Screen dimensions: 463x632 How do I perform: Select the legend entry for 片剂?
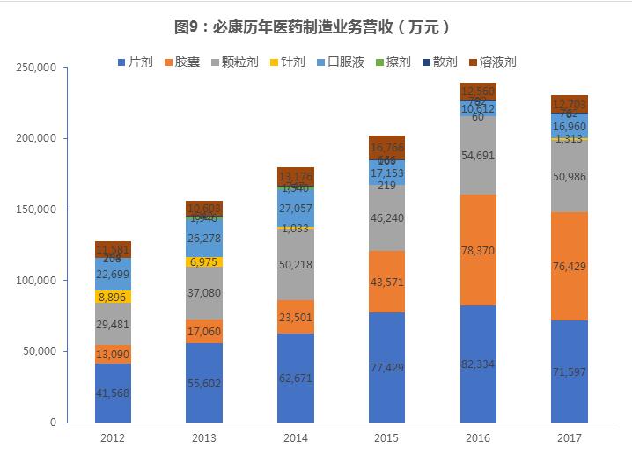136,62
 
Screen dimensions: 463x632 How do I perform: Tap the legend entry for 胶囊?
181,62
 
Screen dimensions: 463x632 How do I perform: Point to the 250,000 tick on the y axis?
36,68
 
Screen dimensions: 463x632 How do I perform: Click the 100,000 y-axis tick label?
36,281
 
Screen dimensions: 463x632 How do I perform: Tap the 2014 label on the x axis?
295,437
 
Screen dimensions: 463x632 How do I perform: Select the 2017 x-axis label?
569,437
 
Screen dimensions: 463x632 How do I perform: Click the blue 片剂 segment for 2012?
113,393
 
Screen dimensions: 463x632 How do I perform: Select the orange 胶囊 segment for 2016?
478,250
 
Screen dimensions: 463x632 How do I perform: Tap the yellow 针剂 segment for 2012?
113,298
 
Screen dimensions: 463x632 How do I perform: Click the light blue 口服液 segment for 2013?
203,237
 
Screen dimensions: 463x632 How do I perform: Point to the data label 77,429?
386,366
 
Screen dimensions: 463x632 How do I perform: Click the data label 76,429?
569,266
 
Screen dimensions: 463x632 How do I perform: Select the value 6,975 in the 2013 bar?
203,262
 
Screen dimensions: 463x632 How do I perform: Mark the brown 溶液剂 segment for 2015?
386,148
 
